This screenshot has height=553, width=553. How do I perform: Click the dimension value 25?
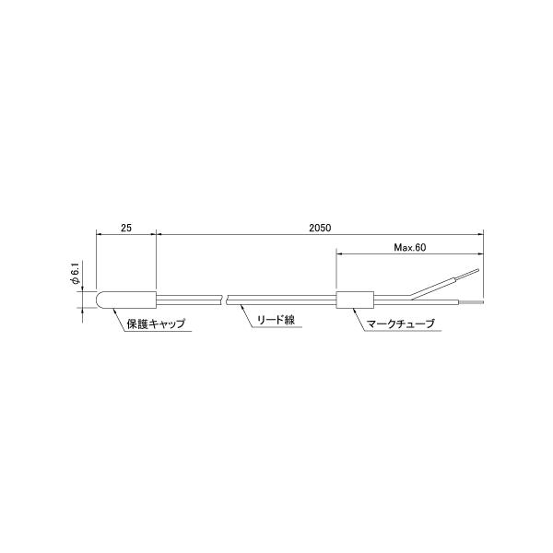click(126, 228)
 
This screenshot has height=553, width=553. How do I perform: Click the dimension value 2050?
click(320, 228)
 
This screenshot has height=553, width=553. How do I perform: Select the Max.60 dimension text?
click(410, 247)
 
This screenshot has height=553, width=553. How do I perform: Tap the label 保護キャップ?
click(156, 324)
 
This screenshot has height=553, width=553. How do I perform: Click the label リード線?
click(276, 320)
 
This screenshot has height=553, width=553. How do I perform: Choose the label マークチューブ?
click(400, 324)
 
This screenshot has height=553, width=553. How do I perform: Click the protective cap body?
click(126, 300)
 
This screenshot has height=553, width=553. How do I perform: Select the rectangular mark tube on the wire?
click(355, 300)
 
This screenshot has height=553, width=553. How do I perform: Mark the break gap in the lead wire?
click(225, 300)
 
